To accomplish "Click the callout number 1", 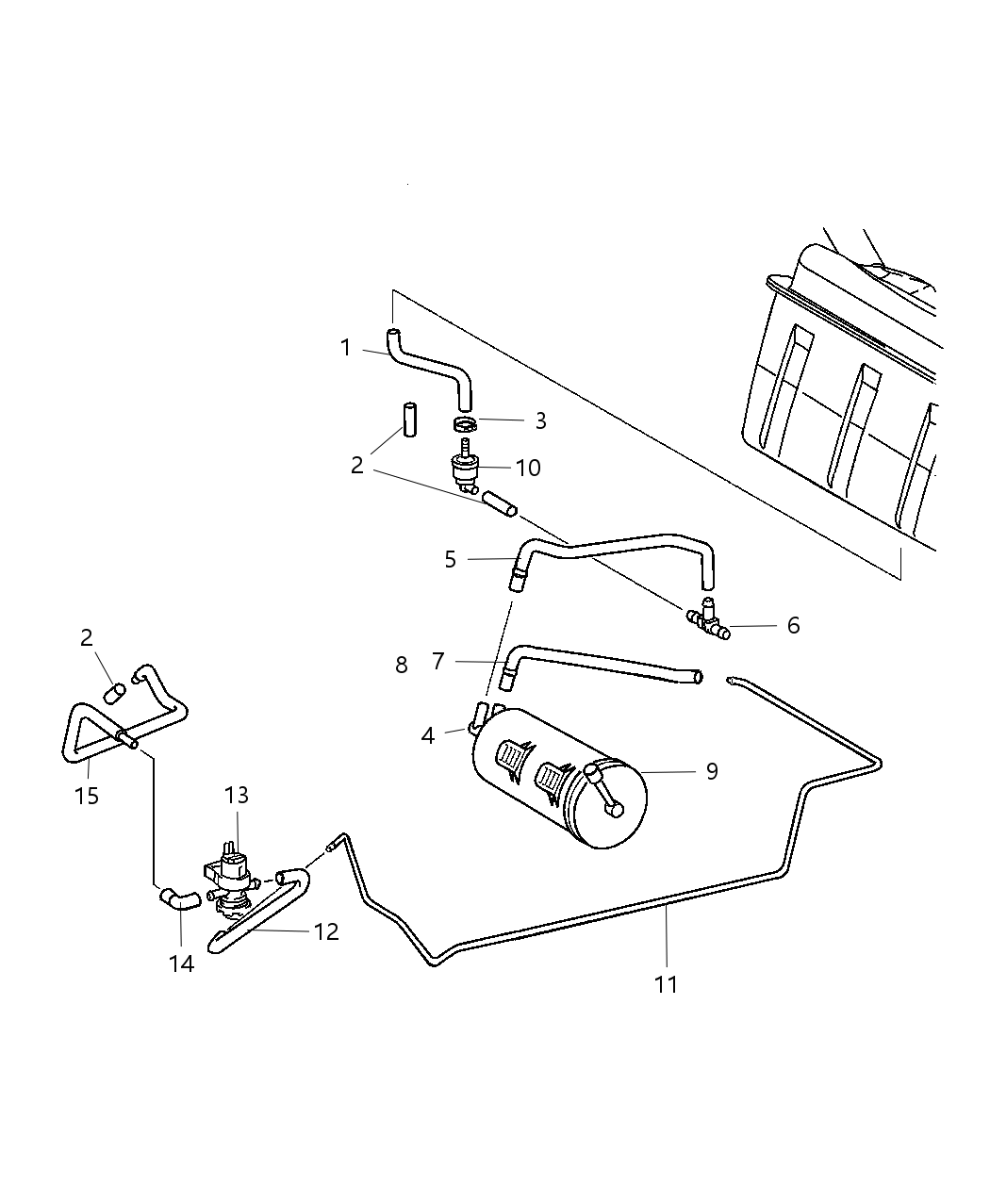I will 346,348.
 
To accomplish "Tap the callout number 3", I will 540,420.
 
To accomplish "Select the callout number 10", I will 529,468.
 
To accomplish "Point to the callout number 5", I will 450,559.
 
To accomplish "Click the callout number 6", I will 793,625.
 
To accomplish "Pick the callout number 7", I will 437,662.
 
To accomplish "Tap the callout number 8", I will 402,665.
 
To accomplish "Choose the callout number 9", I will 712,771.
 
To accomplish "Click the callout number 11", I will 666,984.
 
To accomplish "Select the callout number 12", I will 326,931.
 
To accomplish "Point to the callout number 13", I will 236,796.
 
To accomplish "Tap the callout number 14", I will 182,963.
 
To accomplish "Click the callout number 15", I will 87,796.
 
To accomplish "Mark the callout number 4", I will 428,735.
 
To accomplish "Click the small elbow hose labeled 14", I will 178,898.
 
